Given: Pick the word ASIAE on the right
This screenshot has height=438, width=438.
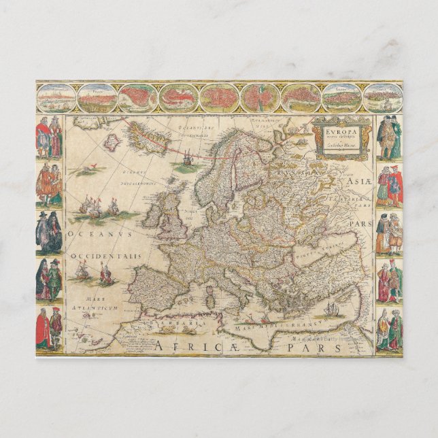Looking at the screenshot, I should click(x=356, y=182).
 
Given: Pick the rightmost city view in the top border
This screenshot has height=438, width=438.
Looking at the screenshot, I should click(x=382, y=98).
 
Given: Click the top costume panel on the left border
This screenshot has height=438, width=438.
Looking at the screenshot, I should click(x=49, y=137).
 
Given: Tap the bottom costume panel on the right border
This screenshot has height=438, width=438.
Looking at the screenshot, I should click(x=389, y=329).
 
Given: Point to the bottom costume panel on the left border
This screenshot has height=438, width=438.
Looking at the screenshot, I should click(x=49, y=329).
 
